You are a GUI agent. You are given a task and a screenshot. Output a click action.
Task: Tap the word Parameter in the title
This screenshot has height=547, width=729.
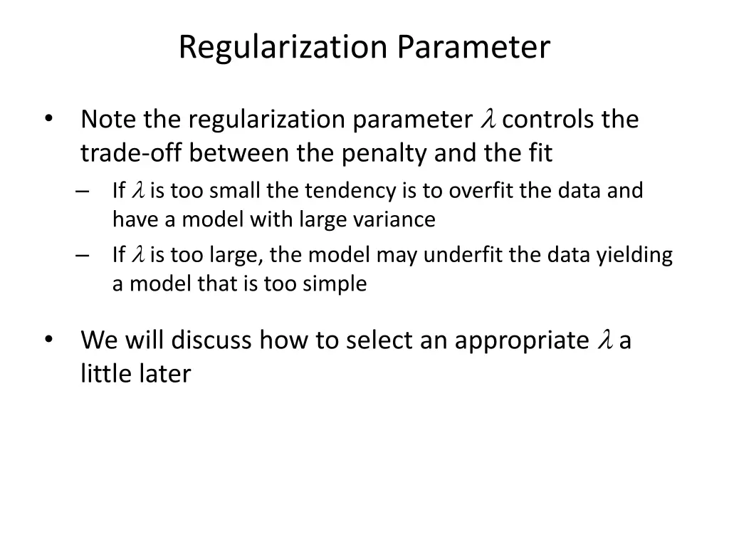coord(473,48)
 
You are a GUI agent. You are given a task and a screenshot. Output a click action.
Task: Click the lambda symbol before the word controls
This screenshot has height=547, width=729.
coord(489,119)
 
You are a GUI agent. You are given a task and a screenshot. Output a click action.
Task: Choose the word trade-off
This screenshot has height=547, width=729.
coord(132,152)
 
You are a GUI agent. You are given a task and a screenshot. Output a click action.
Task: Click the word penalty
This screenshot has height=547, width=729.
coord(383,152)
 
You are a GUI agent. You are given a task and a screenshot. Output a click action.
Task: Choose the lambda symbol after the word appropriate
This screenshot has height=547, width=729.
coord(606,341)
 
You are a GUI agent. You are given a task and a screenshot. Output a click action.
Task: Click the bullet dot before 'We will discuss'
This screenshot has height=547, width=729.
coord(48,340)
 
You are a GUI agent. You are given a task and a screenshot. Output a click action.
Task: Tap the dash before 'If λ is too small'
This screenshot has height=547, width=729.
coord(81,191)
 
